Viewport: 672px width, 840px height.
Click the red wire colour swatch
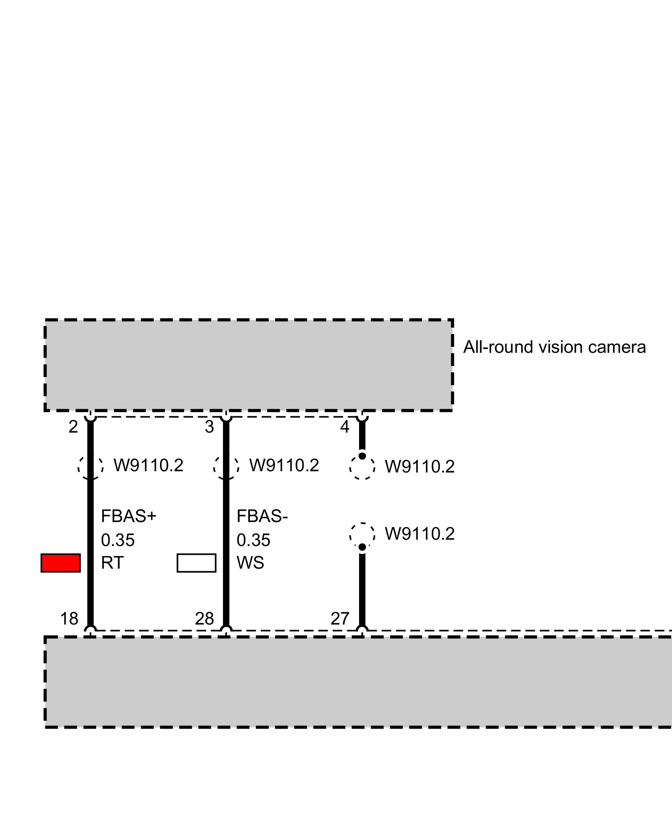[x=60, y=563]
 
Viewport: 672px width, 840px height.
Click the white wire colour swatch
[x=197, y=563]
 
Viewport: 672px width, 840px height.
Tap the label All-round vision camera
[x=554, y=347]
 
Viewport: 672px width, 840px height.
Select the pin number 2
[x=73, y=427]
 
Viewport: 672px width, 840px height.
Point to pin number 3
[x=209, y=427]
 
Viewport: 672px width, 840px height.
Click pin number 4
[x=345, y=427]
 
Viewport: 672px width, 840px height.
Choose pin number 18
[x=69, y=619]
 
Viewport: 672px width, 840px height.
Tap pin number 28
[x=205, y=619]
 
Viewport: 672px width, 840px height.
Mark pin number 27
[x=340, y=619]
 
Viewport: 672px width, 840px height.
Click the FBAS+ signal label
[x=129, y=516]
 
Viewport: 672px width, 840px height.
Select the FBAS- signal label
[x=262, y=516]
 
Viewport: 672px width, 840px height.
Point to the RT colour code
[x=112, y=563]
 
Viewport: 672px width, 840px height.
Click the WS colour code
[x=250, y=563]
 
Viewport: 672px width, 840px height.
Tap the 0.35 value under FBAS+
[x=118, y=540]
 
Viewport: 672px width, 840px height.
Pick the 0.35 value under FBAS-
[x=254, y=540]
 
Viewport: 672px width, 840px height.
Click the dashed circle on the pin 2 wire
[x=90, y=466]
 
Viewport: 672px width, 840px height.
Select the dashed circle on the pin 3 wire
[x=226, y=466]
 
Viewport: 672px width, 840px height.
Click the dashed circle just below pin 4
[x=362, y=467]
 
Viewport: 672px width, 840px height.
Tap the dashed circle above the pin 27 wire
[x=362, y=535]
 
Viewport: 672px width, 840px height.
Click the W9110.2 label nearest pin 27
[x=420, y=534]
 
